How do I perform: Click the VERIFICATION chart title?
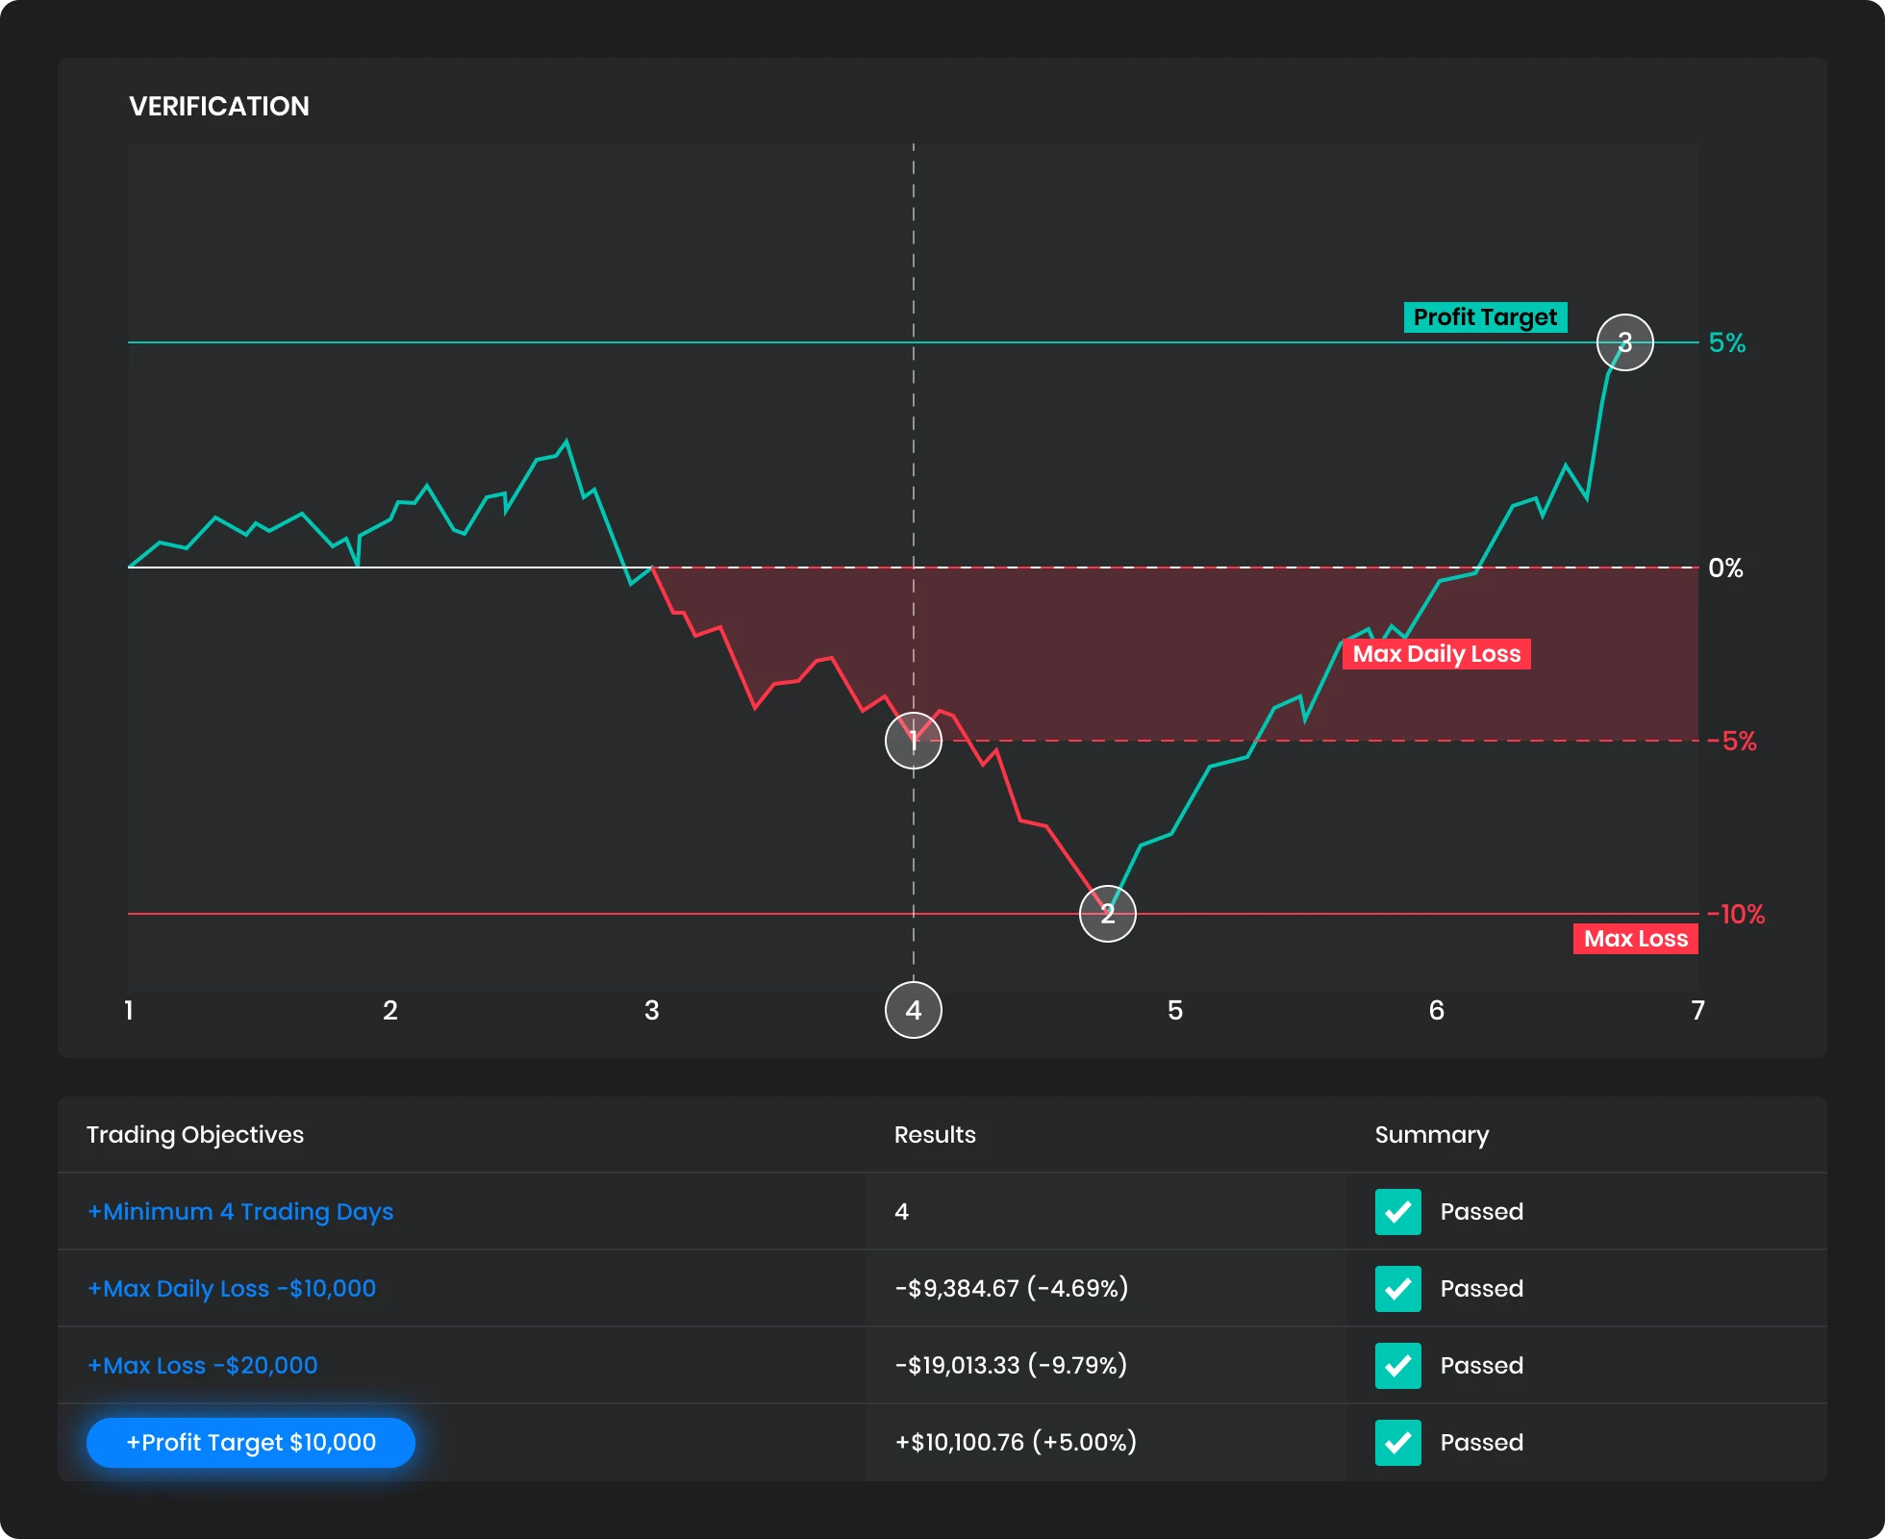click(x=219, y=106)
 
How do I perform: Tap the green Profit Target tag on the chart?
click(x=1485, y=317)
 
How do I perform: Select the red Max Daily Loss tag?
click(x=1436, y=654)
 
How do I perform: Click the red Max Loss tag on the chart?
click(x=1635, y=939)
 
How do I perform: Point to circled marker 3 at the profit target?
click(x=1624, y=342)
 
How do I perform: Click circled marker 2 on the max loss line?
click(x=1107, y=914)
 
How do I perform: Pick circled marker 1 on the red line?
click(x=913, y=741)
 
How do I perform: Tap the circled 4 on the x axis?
click(x=913, y=1010)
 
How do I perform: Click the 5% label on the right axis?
click(x=1726, y=343)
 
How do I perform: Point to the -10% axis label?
click(x=1736, y=915)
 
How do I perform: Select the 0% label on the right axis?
click(x=1725, y=568)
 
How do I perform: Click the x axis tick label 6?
click(x=1436, y=1010)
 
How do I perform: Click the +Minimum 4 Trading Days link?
click(x=240, y=1212)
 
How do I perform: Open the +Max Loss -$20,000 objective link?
click(x=202, y=1366)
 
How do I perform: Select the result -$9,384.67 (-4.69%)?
click(x=1011, y=1289)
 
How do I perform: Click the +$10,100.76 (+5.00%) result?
click(x=1016, y=1443)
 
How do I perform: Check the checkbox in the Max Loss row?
click(x=1397, y=1366)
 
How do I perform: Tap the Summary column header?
click(x=1431, y=1135)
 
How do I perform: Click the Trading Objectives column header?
click(x=195, y=1135)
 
